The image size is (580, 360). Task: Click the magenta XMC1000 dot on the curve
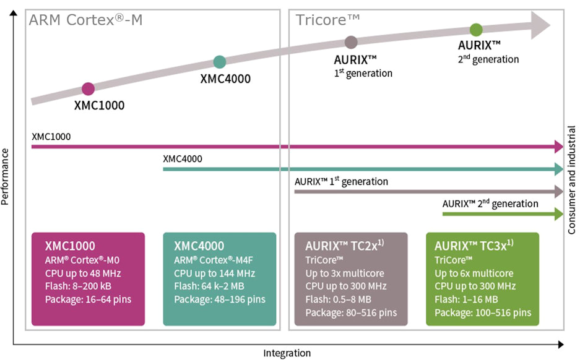(88, 88)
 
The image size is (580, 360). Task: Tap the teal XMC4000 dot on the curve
(219, 62)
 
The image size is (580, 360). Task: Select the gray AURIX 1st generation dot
(351, 42)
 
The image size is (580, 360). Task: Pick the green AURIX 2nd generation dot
(476, 29)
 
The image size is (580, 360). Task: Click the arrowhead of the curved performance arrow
(540, 26)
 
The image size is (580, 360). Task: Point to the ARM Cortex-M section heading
(85, 20)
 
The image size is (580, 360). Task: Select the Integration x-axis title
(287, 353)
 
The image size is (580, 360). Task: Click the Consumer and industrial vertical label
(572, 180)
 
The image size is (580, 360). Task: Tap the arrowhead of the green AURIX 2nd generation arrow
(558, 214)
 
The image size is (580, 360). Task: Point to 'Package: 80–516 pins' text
(351, 312)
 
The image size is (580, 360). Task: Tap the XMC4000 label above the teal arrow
(182, 158)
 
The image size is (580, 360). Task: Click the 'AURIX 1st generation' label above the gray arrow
(341, 182)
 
